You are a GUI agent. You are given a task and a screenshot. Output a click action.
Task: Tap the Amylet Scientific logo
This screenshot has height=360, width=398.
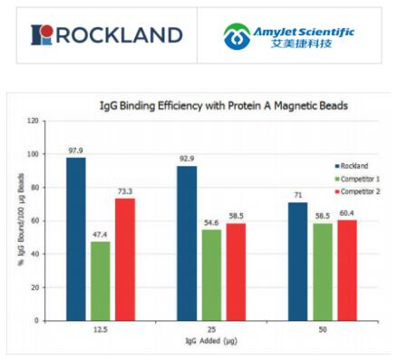point(289,36)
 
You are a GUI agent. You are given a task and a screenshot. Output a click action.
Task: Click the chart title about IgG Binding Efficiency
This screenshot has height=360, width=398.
point(223,106)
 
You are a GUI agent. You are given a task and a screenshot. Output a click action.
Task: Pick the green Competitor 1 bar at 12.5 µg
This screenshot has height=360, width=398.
point(102,280)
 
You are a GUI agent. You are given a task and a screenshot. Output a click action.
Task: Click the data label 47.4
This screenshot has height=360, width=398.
point(102,234)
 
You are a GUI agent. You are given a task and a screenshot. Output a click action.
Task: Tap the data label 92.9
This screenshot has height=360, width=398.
point(187,159)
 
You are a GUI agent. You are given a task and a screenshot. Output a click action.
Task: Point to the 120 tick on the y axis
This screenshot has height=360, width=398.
point(33,120)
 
